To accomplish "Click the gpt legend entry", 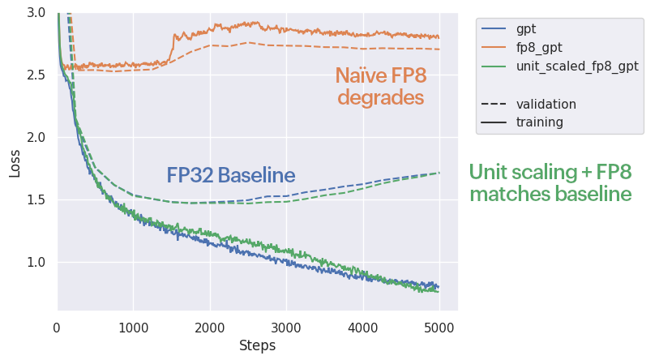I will (x=526, y=29).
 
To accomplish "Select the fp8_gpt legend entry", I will (x=538, y=48).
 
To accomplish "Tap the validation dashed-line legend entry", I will (x=546, y=104).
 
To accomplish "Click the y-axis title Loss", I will (x=15, y=162).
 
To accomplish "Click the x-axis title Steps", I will (x=257, y=346).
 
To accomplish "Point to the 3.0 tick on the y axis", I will (x=36, y=13).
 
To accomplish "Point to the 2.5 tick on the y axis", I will (x=36, y=75).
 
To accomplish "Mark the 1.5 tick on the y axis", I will (x=36, y=199).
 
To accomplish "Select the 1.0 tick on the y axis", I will (x=36, y=262).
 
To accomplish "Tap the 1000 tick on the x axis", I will (x=134, y=328).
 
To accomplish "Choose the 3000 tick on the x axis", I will (x=286, y=328).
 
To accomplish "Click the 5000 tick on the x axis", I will (x=439, y=328).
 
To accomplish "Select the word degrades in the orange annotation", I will (x=381, y=98).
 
